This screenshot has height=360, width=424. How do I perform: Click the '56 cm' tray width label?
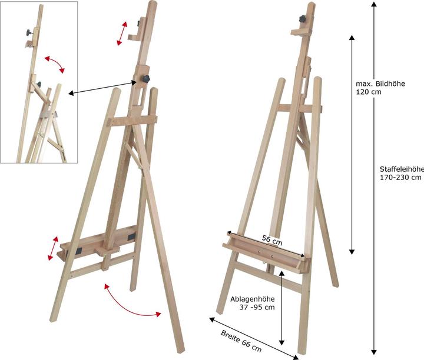coord(272,240)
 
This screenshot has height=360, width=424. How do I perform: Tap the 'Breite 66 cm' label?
coord(241,341)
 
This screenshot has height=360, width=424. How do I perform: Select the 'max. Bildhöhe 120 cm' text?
coord(380,88)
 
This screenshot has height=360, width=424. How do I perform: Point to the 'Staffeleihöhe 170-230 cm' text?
coord(402,173)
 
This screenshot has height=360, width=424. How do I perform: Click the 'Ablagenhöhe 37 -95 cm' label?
coord(252,303)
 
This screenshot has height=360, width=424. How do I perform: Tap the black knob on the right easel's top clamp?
coord(303,19)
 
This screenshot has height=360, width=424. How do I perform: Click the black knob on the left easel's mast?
coord(146,79)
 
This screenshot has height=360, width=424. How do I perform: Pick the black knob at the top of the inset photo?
coord(29,33)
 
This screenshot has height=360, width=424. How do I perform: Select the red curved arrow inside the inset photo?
coord(55,64)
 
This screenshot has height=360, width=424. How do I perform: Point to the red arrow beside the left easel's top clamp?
coord(122,34)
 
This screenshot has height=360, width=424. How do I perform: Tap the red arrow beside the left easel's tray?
coord(53,248)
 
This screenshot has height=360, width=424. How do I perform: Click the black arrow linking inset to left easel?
coord(102,88)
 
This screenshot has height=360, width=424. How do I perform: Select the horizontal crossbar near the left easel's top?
coord(132,121)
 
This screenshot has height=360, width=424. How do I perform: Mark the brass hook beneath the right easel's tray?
coord(264,262)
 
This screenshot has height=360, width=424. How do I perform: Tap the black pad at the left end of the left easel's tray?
coord(79,251)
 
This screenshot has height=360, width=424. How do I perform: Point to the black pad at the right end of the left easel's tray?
coord(131,237)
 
